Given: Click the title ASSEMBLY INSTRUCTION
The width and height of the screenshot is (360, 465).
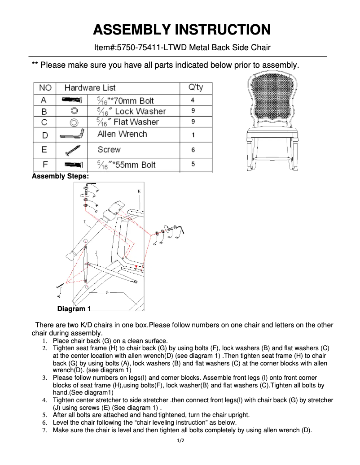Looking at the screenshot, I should tap(181, 30).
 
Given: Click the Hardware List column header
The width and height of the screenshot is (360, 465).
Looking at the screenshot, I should tap(90, 87).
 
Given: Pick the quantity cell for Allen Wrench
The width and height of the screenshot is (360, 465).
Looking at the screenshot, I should tap(193, 135).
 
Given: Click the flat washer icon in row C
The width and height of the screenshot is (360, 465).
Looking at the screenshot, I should tap(75, 122).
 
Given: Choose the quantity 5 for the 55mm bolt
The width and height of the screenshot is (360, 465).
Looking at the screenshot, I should tap(193, 165).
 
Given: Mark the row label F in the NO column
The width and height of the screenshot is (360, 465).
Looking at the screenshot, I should tap(45, 164).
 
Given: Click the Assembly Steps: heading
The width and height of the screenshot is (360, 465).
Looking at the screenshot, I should tap(60, 176).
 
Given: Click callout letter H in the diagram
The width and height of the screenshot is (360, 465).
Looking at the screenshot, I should tap(139, 191).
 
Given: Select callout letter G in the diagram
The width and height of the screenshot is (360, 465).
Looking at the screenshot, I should tap(107, 292).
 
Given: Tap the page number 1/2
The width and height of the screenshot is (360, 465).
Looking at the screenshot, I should tap(180, 441).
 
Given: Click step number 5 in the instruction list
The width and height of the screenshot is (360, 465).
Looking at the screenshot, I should tap(44, 415).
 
